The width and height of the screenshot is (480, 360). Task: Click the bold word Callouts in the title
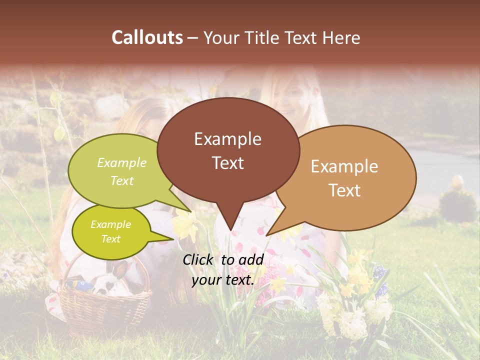pos(147,37)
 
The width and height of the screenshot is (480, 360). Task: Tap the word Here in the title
pos(339,37)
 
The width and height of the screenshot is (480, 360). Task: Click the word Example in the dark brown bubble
pos(227,139)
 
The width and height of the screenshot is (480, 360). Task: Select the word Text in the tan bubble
pos(344,190)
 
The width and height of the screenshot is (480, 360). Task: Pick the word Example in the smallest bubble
pos(110,224)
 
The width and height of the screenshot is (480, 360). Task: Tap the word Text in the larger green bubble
pos(122,181)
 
